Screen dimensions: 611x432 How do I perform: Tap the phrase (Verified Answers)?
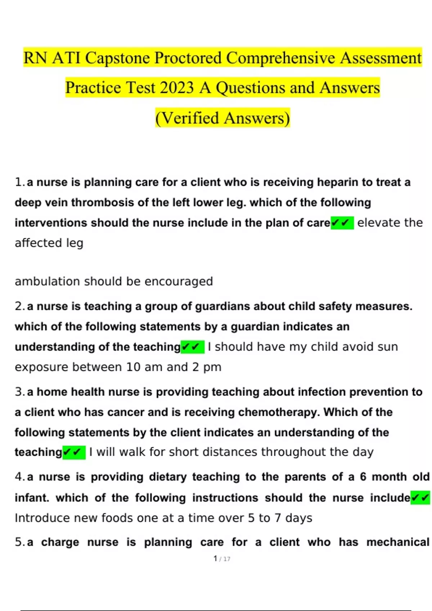pyautogui.click(x=222, y=118)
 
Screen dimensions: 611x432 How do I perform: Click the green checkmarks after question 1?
pyautogui.click(x=342, y=223)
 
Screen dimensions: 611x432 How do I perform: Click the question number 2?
pyautogui.click(x=19, y=307)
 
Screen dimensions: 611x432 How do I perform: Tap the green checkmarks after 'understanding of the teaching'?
pyautogui.click(x=192, y=347)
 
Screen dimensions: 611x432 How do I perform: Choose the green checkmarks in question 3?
pyautogui.click(x=74, y=452)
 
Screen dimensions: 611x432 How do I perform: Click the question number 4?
pyautogui.click(x=19, y=477)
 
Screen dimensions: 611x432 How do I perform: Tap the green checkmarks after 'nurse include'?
pyautogui.click(x=420, y=498)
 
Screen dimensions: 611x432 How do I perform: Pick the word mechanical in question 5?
pyautogui.click(x=398, y=542)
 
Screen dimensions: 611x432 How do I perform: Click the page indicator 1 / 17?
pyautogui.click(x=222, y=559)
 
